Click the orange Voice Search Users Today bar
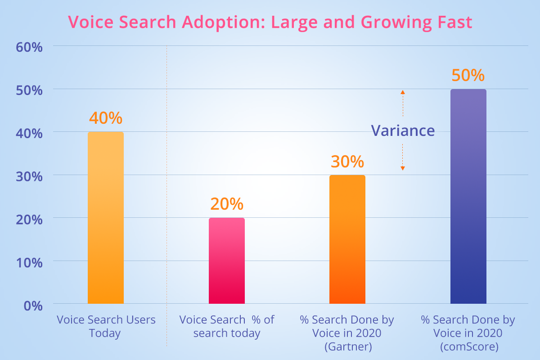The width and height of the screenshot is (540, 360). [106, 218]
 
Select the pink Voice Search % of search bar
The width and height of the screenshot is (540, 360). [227, 261]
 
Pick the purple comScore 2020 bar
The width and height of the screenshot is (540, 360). [468, 197]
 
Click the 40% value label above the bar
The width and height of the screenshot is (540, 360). [106, 118]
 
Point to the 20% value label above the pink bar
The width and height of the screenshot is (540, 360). [227, 204]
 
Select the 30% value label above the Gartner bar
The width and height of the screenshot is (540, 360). [347, 161]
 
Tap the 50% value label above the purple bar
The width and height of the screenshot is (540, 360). [468, 75]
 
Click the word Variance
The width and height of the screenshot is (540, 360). [403, 130]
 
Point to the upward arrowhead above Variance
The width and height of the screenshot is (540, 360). [403, 92]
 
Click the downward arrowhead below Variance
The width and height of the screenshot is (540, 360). [403, 168]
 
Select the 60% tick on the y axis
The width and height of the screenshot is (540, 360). [29, 47]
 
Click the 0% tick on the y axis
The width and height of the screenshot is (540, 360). [32, 305]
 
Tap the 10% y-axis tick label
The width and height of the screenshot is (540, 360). [29, 262]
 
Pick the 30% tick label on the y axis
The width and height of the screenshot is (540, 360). [29, 176]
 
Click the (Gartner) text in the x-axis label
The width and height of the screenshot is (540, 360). [347, 347]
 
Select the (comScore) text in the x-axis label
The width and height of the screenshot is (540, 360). [468, 347]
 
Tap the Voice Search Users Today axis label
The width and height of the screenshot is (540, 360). [106, 326]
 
